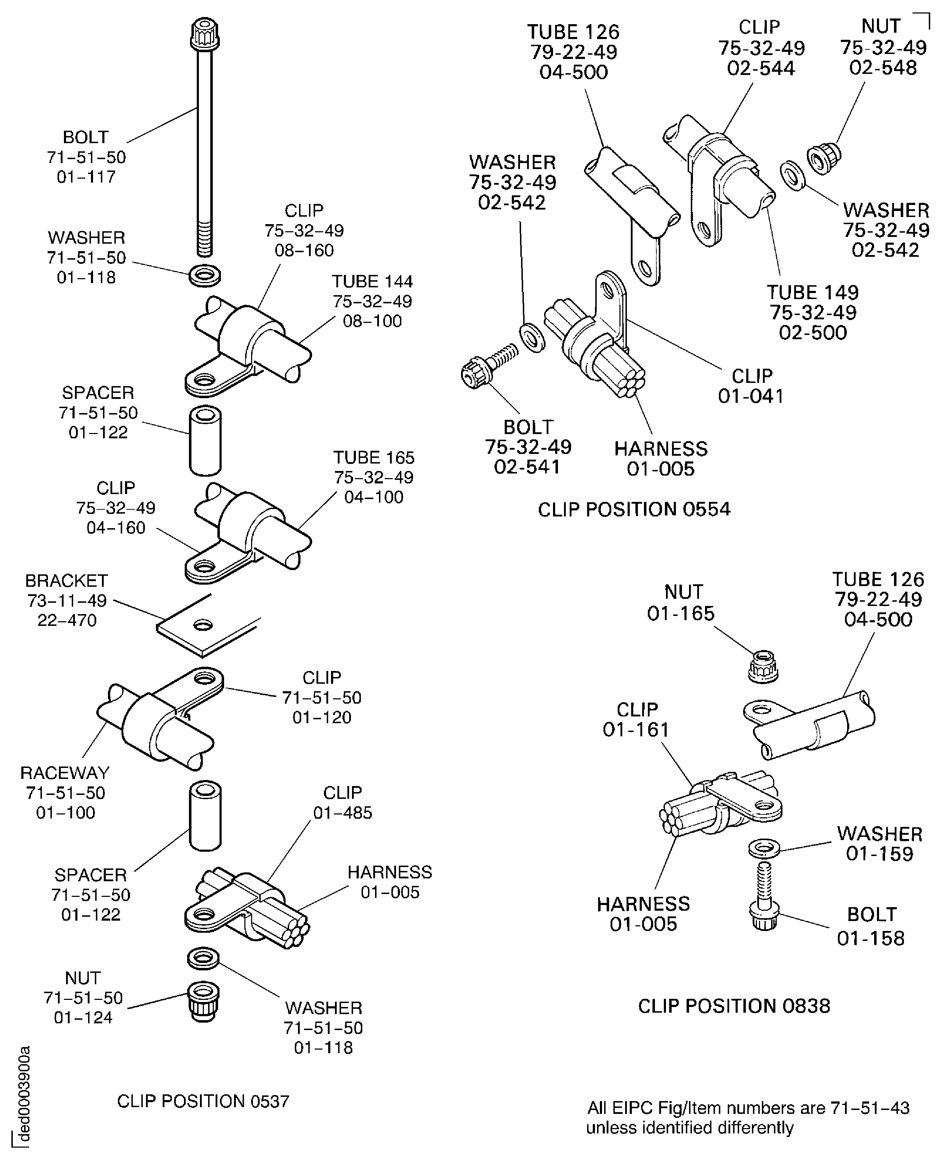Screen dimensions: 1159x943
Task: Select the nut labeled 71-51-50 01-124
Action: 204,1002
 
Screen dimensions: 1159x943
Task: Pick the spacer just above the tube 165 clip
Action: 205,440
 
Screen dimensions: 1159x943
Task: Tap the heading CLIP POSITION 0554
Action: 634,509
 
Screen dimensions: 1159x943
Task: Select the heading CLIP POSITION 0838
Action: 734,1006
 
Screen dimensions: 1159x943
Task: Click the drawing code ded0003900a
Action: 23,1094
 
